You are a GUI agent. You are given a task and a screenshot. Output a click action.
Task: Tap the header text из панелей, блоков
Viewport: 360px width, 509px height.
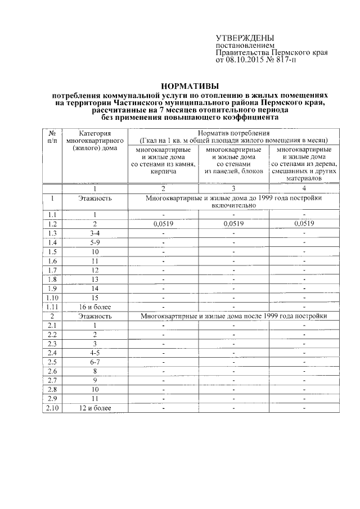[234, 170]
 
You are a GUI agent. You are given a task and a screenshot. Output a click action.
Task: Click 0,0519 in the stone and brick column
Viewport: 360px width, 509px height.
[163, 224]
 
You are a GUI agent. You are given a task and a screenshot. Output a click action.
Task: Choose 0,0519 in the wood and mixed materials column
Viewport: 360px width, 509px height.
[304, 224]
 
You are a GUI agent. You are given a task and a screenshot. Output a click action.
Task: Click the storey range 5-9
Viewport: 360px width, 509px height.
[94, 242]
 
